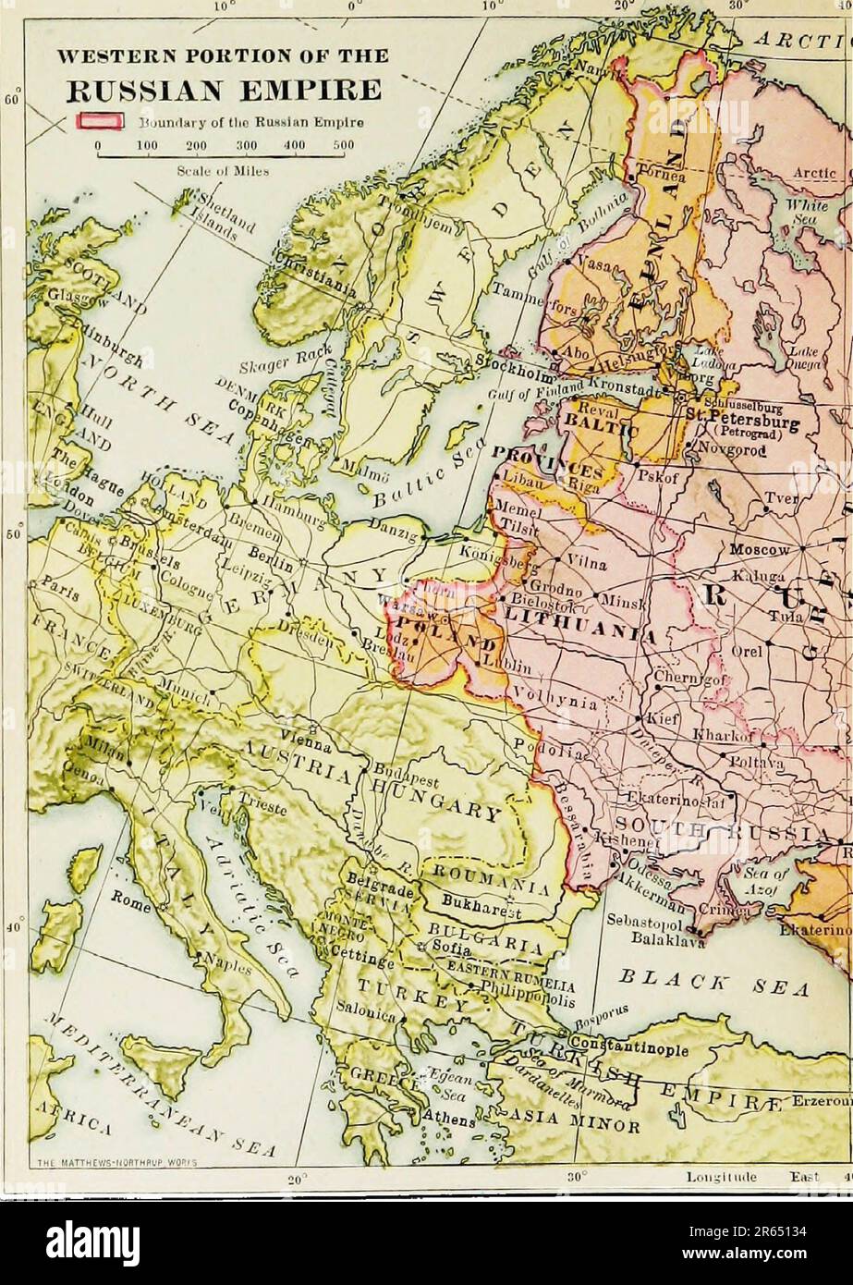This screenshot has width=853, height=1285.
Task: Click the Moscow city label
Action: (x=759, y=548)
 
